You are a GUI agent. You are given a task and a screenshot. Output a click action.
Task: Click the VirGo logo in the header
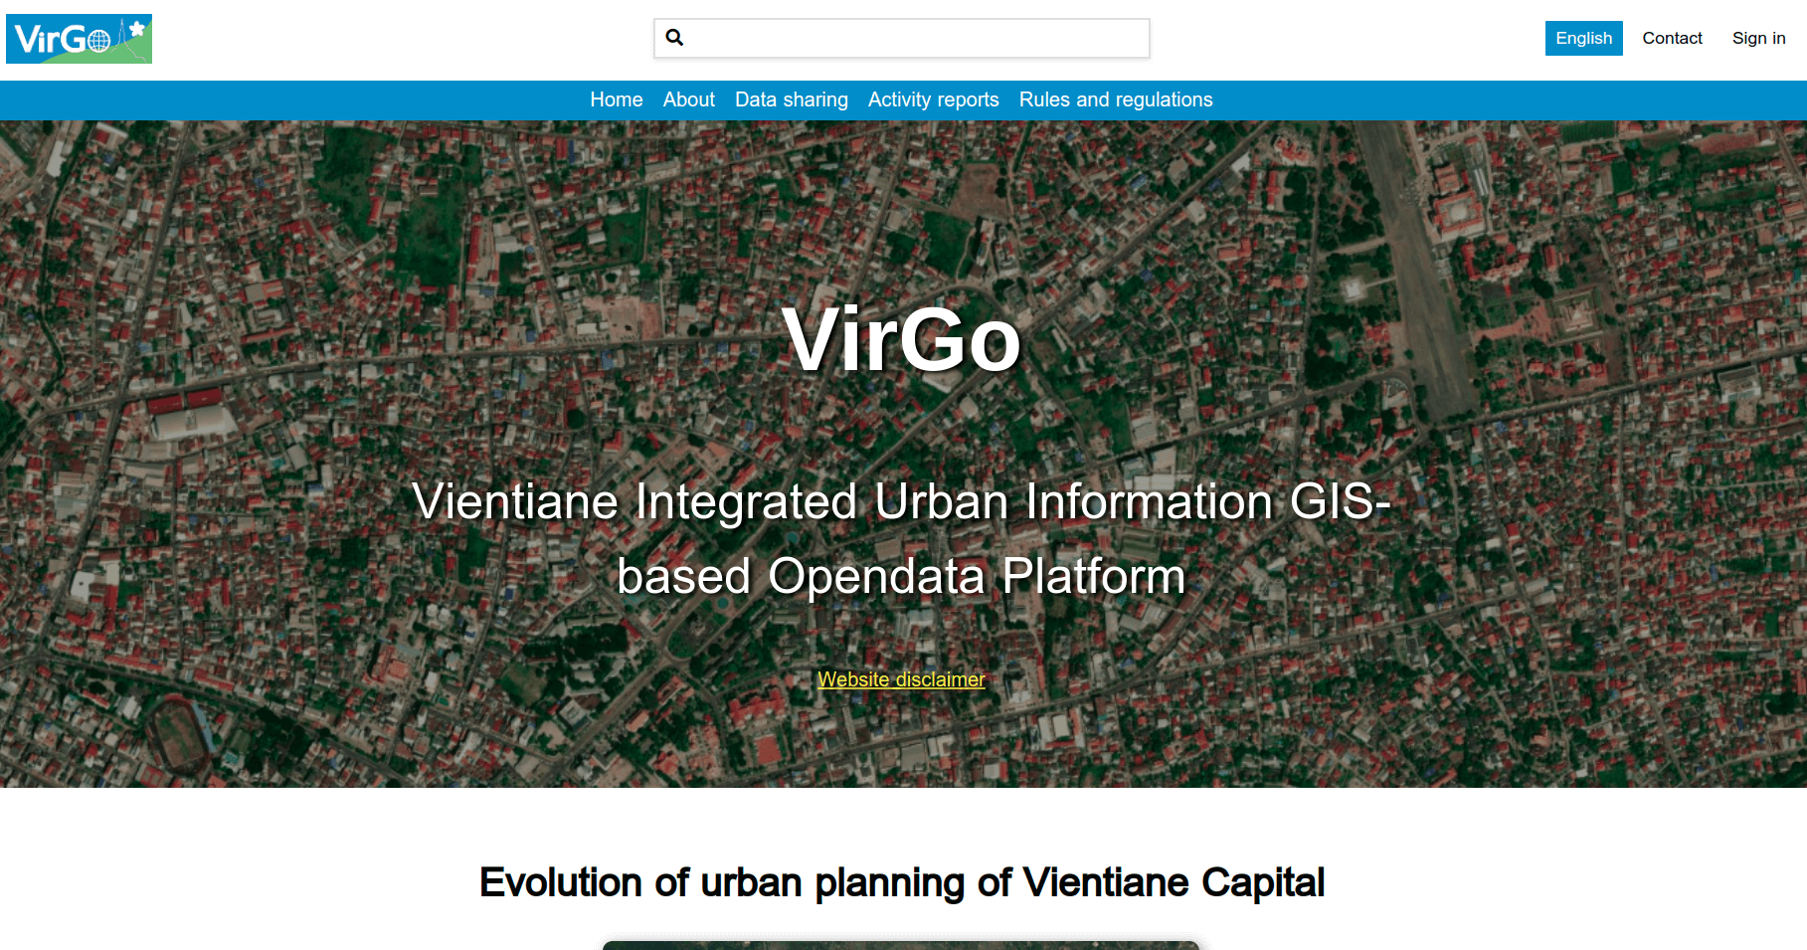pyautogui.click(x=79, y=39)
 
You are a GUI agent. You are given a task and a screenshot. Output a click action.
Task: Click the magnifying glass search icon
pyautogui.click(x=674, y=38)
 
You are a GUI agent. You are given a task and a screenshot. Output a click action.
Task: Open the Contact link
pyautogui.click(x=1672, y=38)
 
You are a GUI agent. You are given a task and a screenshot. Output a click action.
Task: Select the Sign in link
pyautogui.click(x=1758, y=38)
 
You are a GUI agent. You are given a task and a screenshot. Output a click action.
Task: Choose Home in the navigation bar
pyautogui.click(x=617, y=99)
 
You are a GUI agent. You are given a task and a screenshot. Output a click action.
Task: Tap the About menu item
pyautogui.click(x=689, y=99)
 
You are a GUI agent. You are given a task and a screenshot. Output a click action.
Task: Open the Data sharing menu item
pyautogui.click(x=792, y=99)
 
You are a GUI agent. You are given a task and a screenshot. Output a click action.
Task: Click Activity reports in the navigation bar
pyautogui.click(x=933, y=99)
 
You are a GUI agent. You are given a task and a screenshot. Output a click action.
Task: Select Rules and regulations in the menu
pyautogui.click(x=1116, y=99)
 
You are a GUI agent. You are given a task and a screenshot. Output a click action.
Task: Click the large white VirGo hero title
pyautogui.click(x=902, y=339)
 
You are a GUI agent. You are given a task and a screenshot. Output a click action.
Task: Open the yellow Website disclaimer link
pyautogui.click(x=901, y=679)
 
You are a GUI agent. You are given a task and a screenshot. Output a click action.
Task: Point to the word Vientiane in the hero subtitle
pyautogui.click(x=515, y=500)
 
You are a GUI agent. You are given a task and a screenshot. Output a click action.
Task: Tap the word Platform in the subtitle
pyautogui.click(x=1094, y=576)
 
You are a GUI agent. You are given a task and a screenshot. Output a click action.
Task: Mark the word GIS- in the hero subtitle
pyautogui.click(x=1340, y=500)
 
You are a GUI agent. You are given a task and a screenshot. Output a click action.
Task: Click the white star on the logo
pyautogui.click(x=137, y=29)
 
